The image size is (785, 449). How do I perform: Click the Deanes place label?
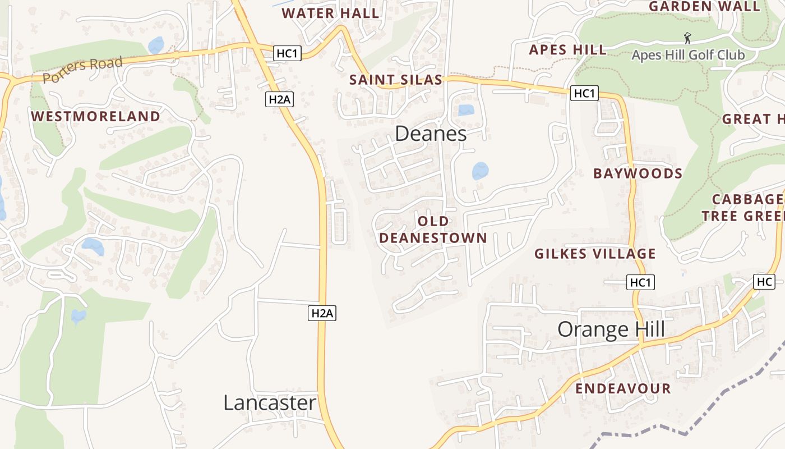click(x=431, y=134)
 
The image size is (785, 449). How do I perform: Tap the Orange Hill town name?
click(x=611, y=329)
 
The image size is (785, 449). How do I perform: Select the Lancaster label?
click(x=270, y=402)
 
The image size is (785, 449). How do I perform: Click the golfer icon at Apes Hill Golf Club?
click(x=687, y=39)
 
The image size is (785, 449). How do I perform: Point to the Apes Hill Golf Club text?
click(x=688, y=55)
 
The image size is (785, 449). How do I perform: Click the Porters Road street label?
click(x=82, y=70)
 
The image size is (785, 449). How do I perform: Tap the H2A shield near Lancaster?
click(x=322, y=313)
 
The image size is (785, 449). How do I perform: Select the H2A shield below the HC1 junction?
click(x=279, y=99)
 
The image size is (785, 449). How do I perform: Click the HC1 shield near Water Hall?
click(x=288, y=53)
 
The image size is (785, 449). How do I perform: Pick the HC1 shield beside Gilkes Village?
click(x=640, y=282)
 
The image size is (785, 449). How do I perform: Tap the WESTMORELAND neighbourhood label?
click(x=95, y=117)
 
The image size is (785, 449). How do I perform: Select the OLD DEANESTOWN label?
click(x=433, y=230)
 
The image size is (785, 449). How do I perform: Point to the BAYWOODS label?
click(x=638, y=173)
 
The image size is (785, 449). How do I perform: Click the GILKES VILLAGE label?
click(x=595, y=254)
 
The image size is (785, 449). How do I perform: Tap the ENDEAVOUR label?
click(x=623, y=388)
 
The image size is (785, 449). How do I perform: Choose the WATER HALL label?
click(x=330, y=13)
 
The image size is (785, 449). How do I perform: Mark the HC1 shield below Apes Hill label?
click(x=584, y=93)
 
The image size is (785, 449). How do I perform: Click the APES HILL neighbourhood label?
click(x=567, y=50)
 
